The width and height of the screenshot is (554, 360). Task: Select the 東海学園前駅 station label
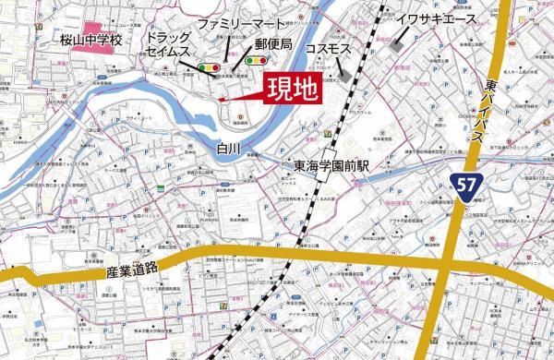[x=331, y=166]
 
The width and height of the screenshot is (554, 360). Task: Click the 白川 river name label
[x=229, y=147]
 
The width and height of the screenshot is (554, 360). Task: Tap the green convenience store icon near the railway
[x=328, y=134]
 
